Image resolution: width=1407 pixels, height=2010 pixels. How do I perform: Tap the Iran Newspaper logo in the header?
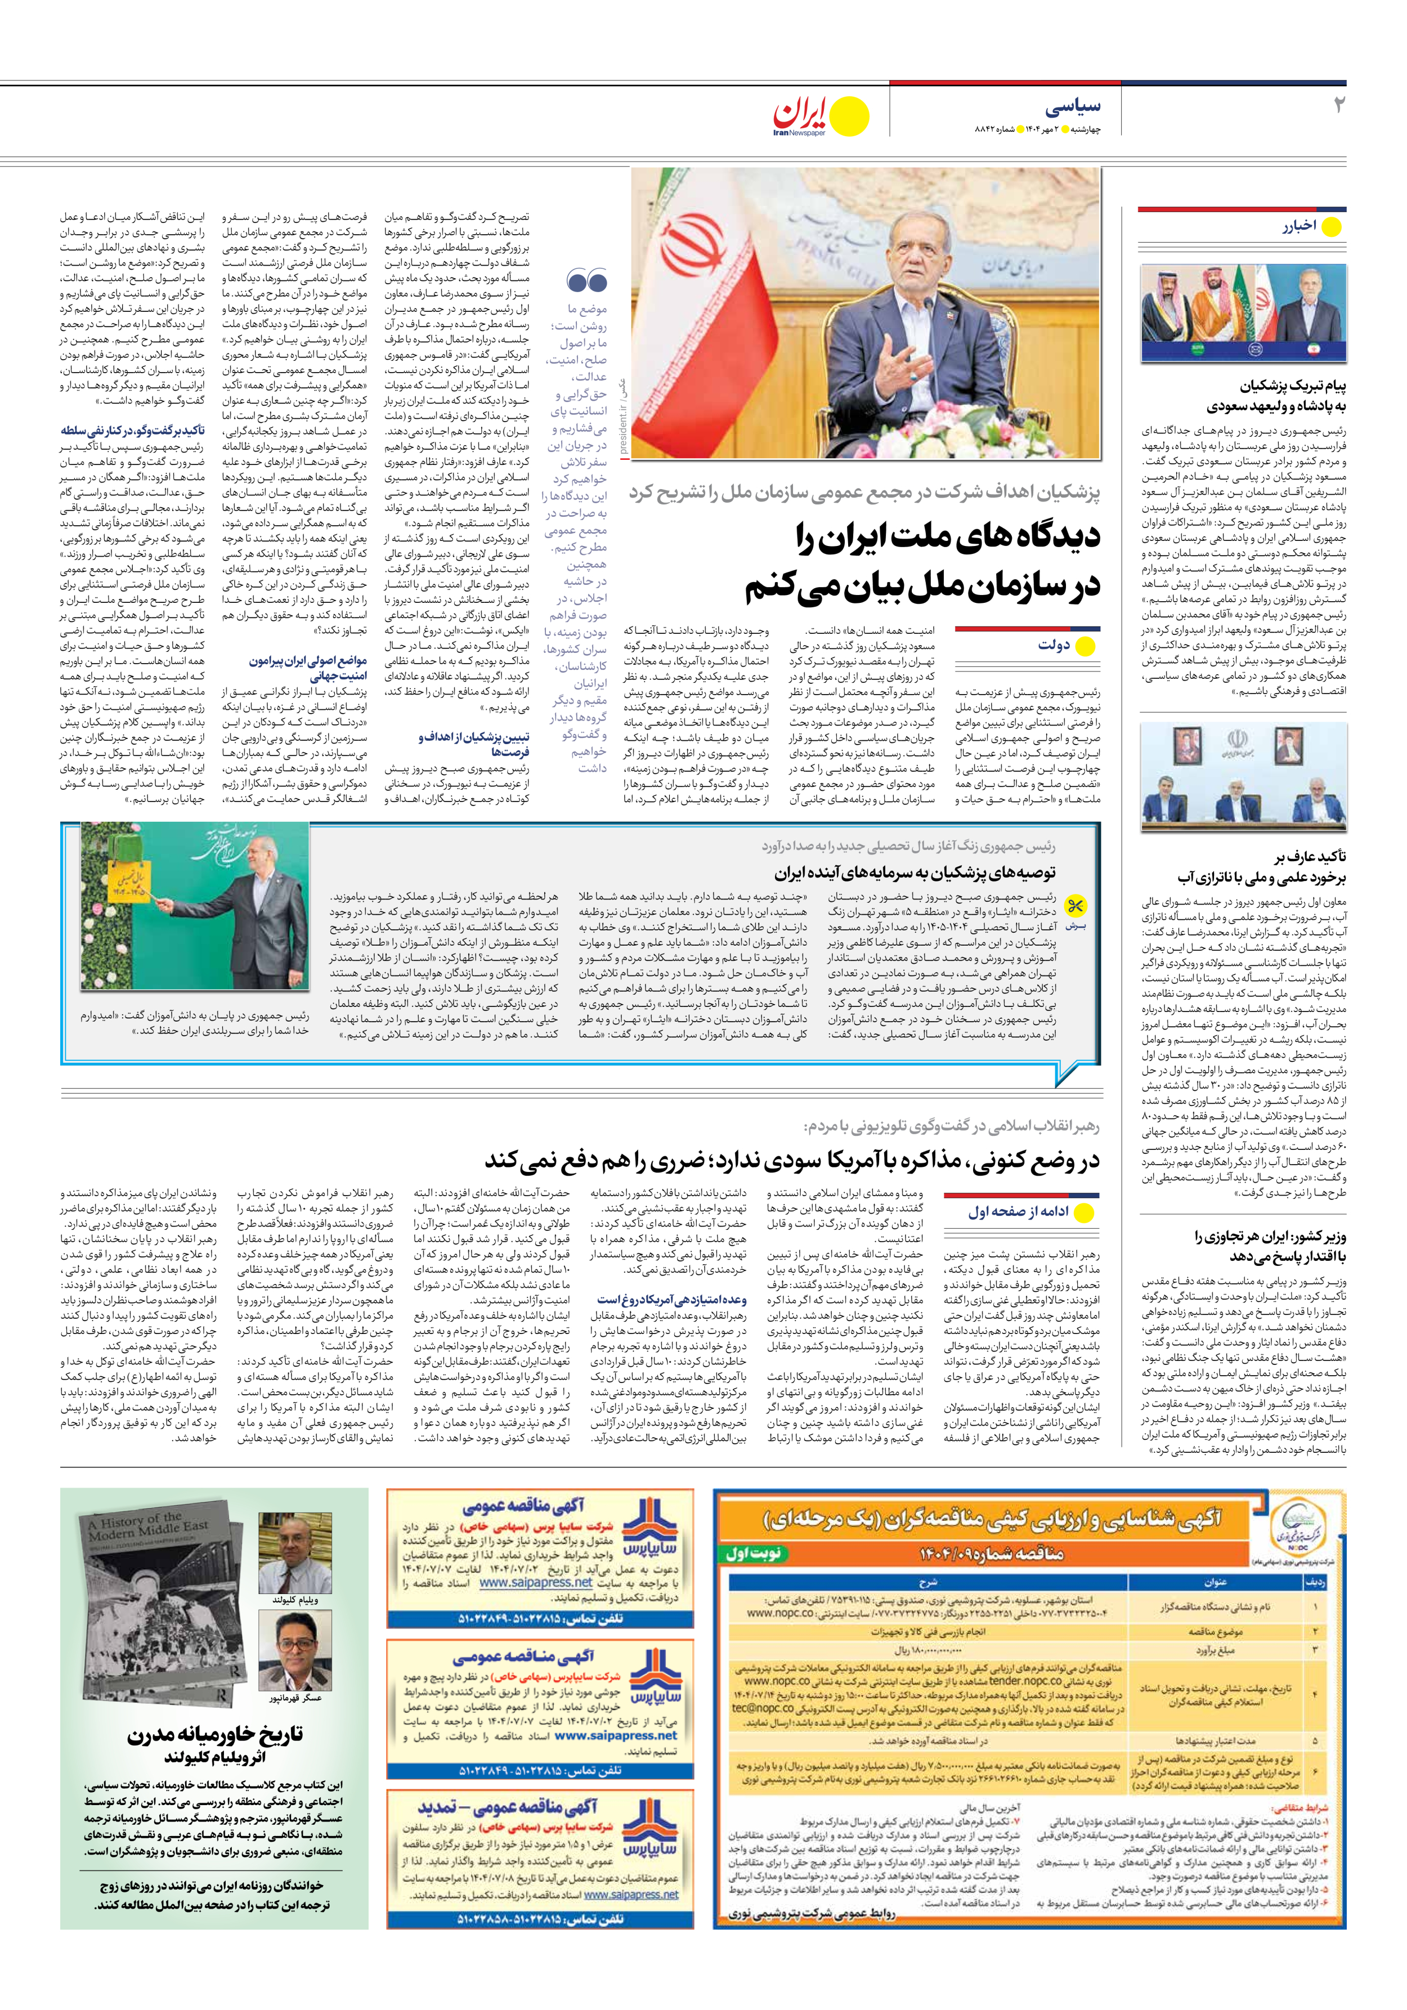pos(821,117)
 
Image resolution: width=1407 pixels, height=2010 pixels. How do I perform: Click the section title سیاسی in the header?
pos(1073,107)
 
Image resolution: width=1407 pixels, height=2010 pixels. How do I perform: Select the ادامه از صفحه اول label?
pos(1018,1212)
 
